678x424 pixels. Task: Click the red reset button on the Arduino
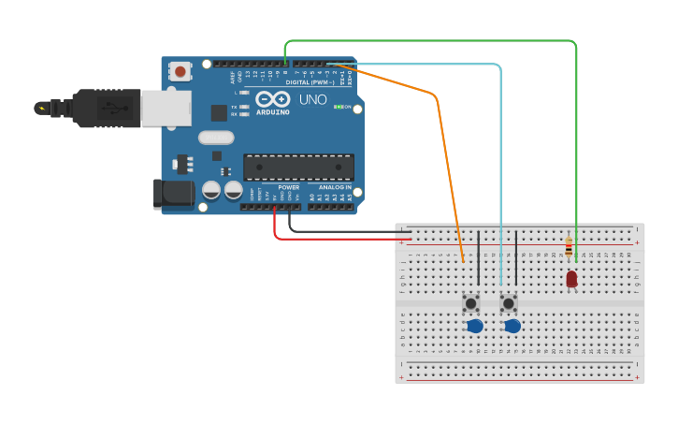click(x=180, y=71)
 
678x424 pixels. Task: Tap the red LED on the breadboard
click(x=571, y=278)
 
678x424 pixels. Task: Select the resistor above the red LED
click(x=569, y=247)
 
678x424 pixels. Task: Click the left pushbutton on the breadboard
click(x=471, y=303)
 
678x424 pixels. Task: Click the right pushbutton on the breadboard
click(x=509, y=303)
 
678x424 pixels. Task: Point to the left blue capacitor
click(x=475, y=326)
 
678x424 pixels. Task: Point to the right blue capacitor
click(x=512, y=326)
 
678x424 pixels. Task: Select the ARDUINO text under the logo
click(x=272, y=111)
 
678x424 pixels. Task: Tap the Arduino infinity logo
click(x=272, y=98)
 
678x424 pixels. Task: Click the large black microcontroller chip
click(x=298, y=167)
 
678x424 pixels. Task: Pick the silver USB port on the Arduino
click(x=166, y=108)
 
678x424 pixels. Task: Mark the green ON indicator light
click(x=337, y=107)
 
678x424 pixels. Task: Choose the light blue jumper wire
click(x=501, y=168)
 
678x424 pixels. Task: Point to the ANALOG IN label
click(x=335, y=186)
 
